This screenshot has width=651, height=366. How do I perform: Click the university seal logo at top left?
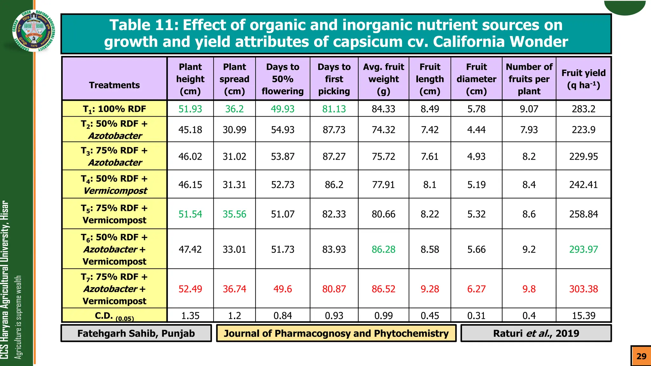[34, 31]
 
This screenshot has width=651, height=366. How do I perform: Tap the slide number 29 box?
[641, 356]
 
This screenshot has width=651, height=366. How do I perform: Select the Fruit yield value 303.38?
[583, 289]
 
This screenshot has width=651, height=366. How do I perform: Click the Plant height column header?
[190, 79]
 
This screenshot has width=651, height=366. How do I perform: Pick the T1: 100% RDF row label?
[114, 109]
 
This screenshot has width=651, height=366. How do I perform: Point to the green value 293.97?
[583, 249]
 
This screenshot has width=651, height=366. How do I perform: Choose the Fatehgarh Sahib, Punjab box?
[136, 333]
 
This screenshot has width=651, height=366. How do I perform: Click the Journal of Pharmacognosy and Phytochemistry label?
[336, 333]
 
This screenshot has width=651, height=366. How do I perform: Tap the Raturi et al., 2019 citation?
[536, 333]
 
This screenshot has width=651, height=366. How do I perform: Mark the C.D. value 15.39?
[583, 315]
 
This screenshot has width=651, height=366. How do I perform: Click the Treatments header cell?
[114, 85]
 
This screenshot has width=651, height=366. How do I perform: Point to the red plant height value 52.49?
[190, 289]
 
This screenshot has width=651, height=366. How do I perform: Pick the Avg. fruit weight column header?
[383, 79]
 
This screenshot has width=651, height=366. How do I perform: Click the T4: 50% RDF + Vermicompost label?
[114, 185]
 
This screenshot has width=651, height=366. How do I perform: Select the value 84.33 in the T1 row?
[383, 109]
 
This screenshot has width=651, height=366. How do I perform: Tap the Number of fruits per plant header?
[529, 79]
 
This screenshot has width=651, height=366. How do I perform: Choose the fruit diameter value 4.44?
[476, 130]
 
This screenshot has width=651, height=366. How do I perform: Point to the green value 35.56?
[234, 214]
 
